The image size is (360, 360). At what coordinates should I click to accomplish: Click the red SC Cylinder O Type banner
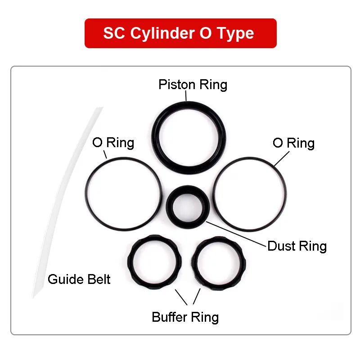[x=180, y=33]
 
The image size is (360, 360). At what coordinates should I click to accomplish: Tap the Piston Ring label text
[x=193, y=85]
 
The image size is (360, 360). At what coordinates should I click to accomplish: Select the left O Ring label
[x=113, y=143]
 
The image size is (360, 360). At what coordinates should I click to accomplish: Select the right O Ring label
[x=293, y=143]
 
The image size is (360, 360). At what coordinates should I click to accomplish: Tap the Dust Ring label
[x=297, y=246]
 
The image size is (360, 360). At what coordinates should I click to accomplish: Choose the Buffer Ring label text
[x=185, y=317]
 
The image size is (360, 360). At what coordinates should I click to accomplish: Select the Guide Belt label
[x=79, y=279]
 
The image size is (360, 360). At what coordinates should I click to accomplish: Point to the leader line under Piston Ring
[x=186, y=96]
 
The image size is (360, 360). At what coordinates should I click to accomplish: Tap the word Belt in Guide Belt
[x=98, y=279]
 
